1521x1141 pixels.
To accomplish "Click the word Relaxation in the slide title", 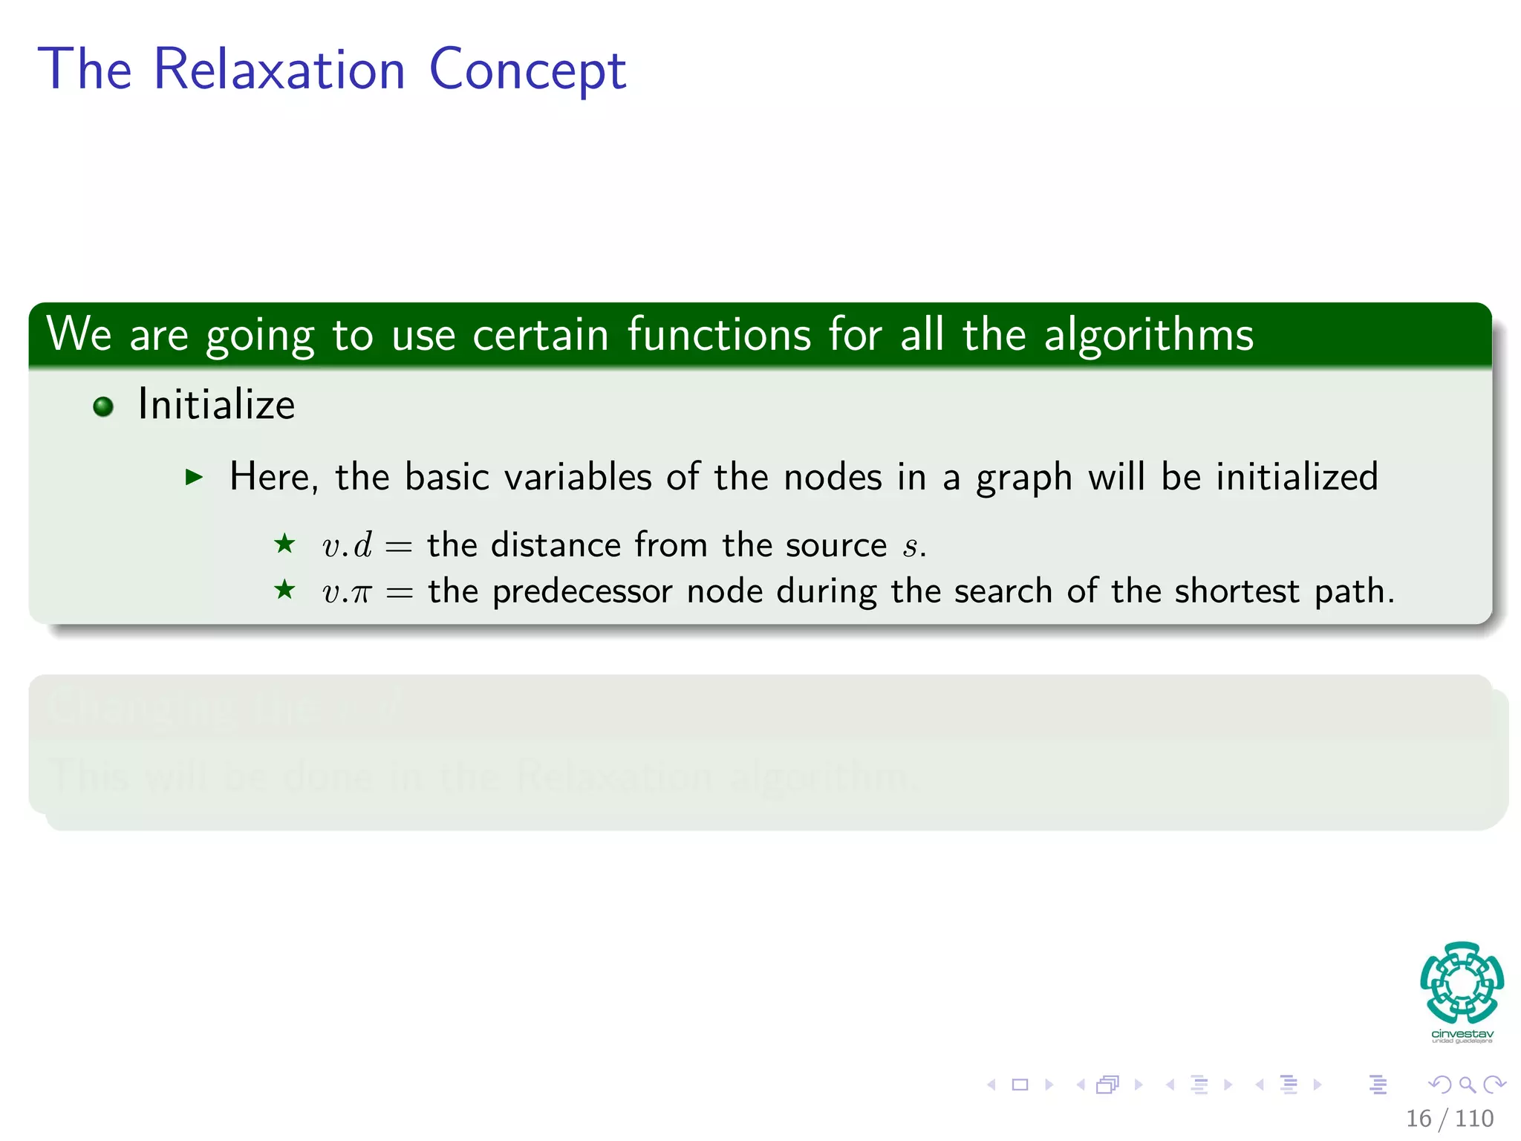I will click(279, 70).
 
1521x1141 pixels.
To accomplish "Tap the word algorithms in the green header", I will click(1149, 335).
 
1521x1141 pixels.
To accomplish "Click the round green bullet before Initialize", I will click(103, 406).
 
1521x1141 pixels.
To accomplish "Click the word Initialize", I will click(216, 405).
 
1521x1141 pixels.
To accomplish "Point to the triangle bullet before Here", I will click(194, 477).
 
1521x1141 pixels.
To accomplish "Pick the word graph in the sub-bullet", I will click(1024, 478).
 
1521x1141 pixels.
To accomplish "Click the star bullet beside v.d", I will click(284, 544).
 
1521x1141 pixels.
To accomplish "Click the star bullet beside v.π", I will click(284, 591).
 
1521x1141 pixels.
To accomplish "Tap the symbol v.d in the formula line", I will click(347, 545).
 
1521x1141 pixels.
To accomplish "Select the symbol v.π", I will click(346, 593).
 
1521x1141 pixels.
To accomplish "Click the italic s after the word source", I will click(910, 547).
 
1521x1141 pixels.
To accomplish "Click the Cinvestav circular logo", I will click(1462, 982).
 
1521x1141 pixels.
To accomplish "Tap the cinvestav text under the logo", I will click(1462, 1034).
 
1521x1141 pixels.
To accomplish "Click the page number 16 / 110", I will click(1449, 1118).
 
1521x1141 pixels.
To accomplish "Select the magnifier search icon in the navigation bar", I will click(1467, 1085).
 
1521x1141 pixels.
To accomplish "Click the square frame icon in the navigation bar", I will click(1020, 1085).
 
